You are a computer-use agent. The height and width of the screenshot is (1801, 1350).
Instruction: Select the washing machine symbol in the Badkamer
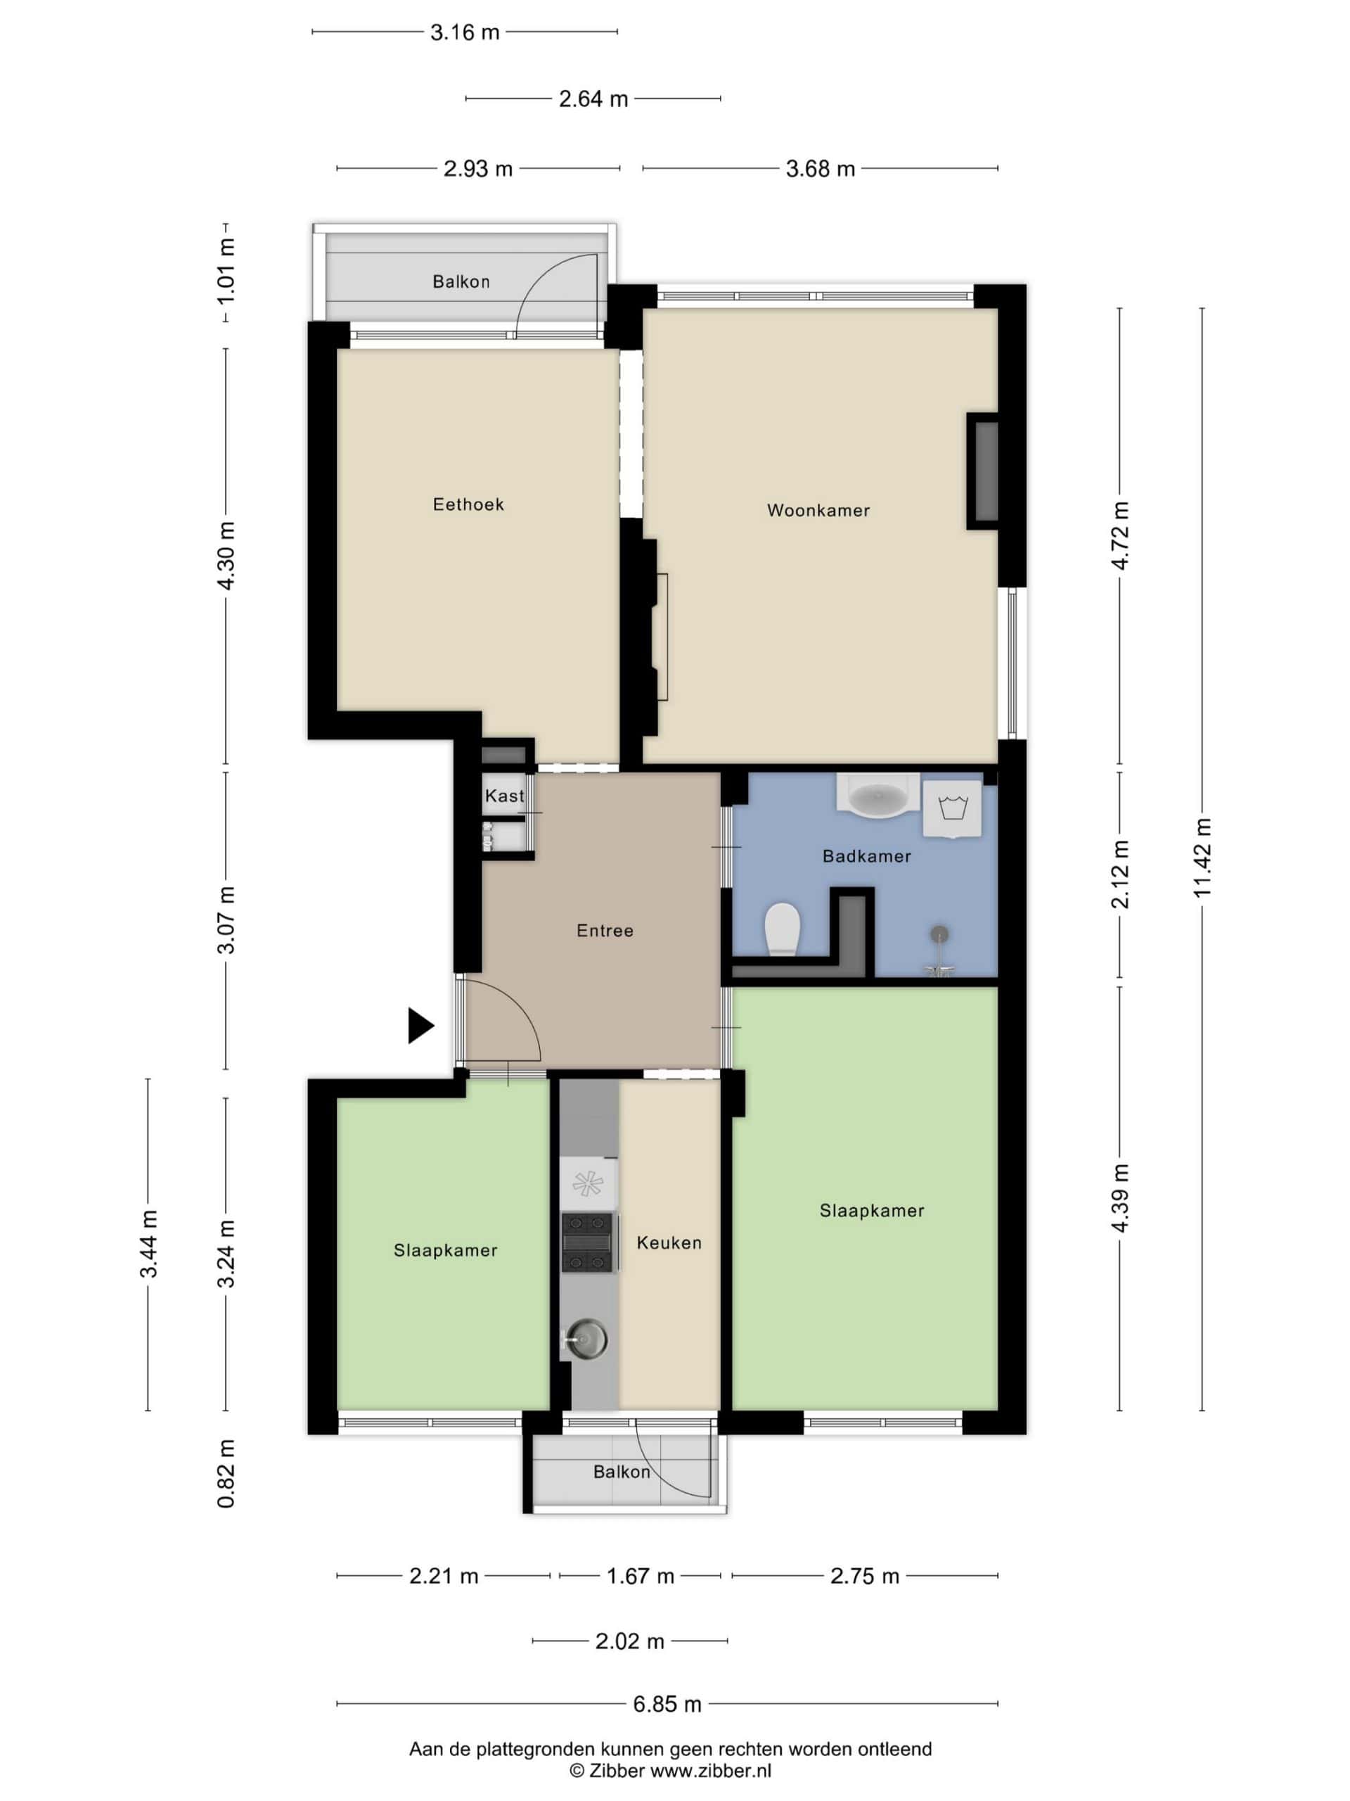tap(951, 810)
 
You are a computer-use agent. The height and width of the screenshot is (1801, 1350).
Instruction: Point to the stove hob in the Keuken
tap(586, 1242)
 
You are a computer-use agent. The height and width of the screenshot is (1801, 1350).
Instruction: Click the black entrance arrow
tap(420, 1026)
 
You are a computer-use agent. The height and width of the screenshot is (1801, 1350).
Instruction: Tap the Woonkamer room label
tap(818, 511)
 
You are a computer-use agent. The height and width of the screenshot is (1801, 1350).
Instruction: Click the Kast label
tap(505, 796)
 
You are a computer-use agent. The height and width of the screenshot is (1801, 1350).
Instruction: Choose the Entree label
tap(605, 931)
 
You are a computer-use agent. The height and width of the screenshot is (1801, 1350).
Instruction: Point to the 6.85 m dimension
tap(667, 1703)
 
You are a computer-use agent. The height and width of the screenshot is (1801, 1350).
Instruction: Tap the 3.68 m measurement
tap(821, 169)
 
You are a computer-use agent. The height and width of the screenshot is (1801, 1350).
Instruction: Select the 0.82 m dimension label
tap(226, 1475)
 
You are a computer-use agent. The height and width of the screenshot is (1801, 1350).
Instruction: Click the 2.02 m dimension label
tap(630, 1641)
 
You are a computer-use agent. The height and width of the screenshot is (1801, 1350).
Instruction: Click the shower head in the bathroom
tap(940, 934)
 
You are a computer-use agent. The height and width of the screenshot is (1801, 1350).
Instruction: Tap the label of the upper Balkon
tap(461, 281)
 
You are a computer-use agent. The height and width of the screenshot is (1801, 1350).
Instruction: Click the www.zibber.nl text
tap(709, 1770)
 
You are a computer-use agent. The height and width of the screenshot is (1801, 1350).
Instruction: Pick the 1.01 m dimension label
tap(226, 271)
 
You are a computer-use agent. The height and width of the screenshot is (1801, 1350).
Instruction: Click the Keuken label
tap(669, 1242)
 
